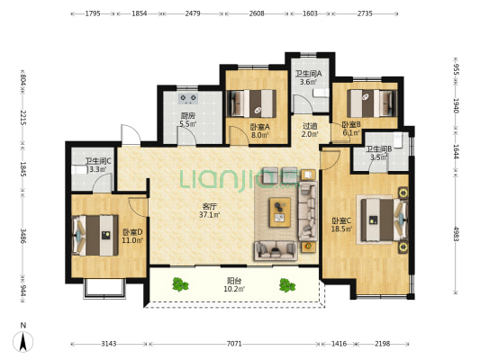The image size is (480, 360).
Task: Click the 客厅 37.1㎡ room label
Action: coord(210,211)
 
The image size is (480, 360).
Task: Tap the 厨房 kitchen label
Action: coord(187,116)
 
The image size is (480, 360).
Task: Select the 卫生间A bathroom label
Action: coord(308,74)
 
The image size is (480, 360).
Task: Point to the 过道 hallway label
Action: coord(310,126)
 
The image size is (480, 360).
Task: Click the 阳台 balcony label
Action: coord(234,281)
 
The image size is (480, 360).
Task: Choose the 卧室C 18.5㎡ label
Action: coord(341,225)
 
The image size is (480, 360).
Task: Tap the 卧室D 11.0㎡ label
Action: coord(132,236)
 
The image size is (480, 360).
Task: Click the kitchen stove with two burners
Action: coord(188,98)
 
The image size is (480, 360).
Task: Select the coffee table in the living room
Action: coord(280,212)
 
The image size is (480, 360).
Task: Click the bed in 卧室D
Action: coord(95,235)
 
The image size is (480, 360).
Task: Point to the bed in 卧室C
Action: coord(385,220)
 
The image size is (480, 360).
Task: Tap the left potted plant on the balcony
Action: coord(180,284)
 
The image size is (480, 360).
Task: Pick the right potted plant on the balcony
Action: coord(287,285)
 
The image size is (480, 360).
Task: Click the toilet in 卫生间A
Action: coord(321,93)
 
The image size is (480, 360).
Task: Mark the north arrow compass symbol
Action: coord(23,341)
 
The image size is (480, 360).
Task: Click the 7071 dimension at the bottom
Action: coord(234,344)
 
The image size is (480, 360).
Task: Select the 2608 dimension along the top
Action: coord(257,13)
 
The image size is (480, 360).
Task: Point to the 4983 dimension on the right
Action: coord(456,234)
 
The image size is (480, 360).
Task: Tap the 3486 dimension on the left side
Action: coord(23,236)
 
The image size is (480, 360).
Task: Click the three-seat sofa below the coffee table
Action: coord(276,251)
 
